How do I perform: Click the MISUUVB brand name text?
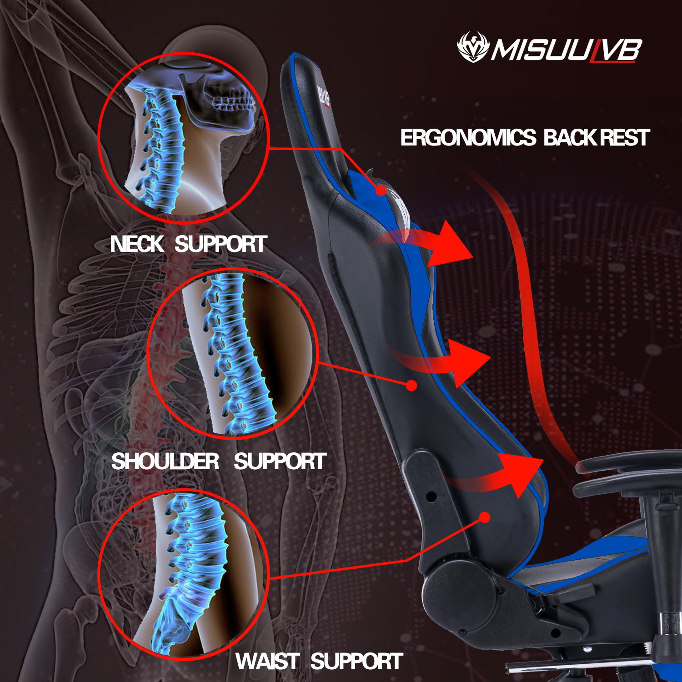(566, 50)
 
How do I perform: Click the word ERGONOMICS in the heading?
(468, 138)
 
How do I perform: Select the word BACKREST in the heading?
(597, 138)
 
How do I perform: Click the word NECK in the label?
(136, 244)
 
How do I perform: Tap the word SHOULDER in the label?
(165, 461)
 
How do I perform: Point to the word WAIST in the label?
(267, 662)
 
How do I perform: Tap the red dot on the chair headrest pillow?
(381, 191)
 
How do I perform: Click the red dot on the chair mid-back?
(411, 386)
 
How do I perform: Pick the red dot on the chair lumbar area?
(485, 517)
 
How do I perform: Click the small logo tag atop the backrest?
(323, 95)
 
